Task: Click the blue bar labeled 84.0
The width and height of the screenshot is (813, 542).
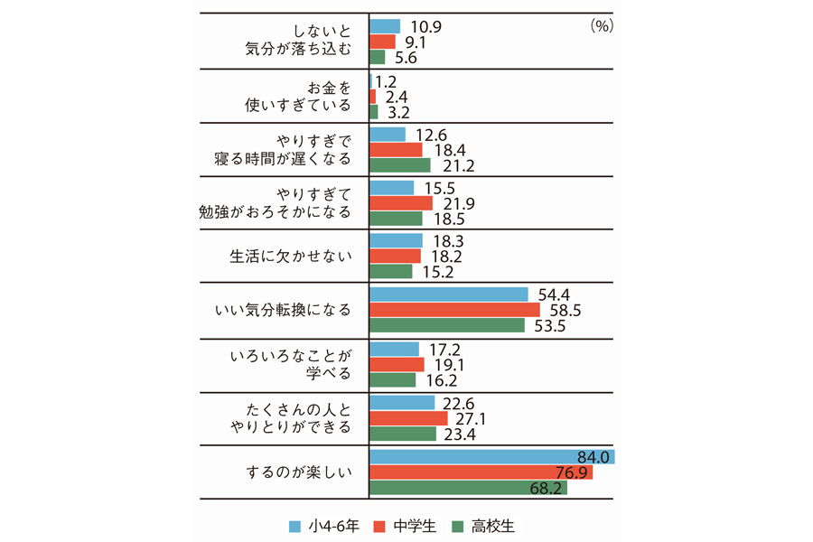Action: click(x=492, y=456)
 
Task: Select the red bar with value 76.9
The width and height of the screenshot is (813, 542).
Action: click(x=481, y=472)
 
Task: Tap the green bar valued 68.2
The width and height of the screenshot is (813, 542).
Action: click(x=468, y=489)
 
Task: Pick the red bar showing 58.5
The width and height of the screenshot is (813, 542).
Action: click(x=454, y=310)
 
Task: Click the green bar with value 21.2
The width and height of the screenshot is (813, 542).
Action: click(x=400, y=166)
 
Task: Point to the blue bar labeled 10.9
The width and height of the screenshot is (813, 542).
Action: click(x=385, y=26)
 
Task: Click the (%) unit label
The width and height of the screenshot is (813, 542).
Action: click(x=601, y=26)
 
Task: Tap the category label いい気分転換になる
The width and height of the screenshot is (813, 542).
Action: click(x=285, y=310)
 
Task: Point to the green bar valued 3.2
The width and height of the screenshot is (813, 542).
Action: click(x=374, y=112)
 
